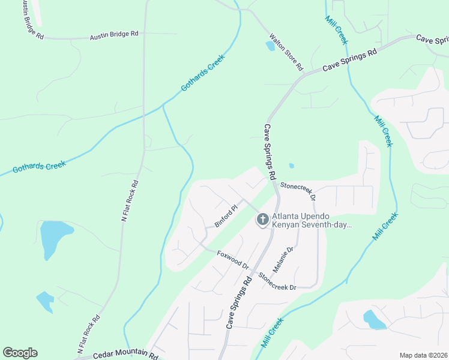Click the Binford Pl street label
coord(226,217)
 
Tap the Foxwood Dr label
coord(233,260)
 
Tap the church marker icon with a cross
coord(262,220)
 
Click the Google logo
coord(20,353)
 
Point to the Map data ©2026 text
coord(423,355)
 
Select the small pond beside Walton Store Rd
coord(271,45)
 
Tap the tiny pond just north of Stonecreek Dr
coord(291,166)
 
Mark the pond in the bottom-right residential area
coord(374,319)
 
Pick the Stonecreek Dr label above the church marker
coord(298,191)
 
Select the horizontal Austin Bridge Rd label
coord(114,35)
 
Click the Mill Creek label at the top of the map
coord(336,29)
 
